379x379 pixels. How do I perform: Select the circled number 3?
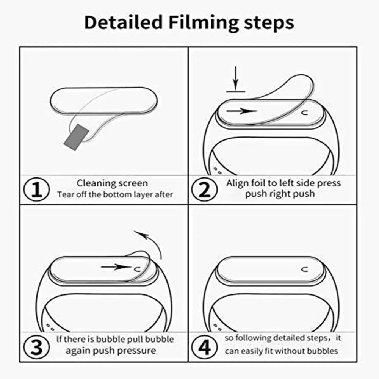pos(36,346)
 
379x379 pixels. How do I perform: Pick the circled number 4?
pos(205,346)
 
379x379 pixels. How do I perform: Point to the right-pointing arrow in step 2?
pos(241,111)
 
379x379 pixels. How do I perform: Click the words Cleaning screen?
pos(112,183)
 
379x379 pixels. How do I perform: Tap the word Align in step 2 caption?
pos(237,183)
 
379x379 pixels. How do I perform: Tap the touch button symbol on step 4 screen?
pos(304,269)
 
